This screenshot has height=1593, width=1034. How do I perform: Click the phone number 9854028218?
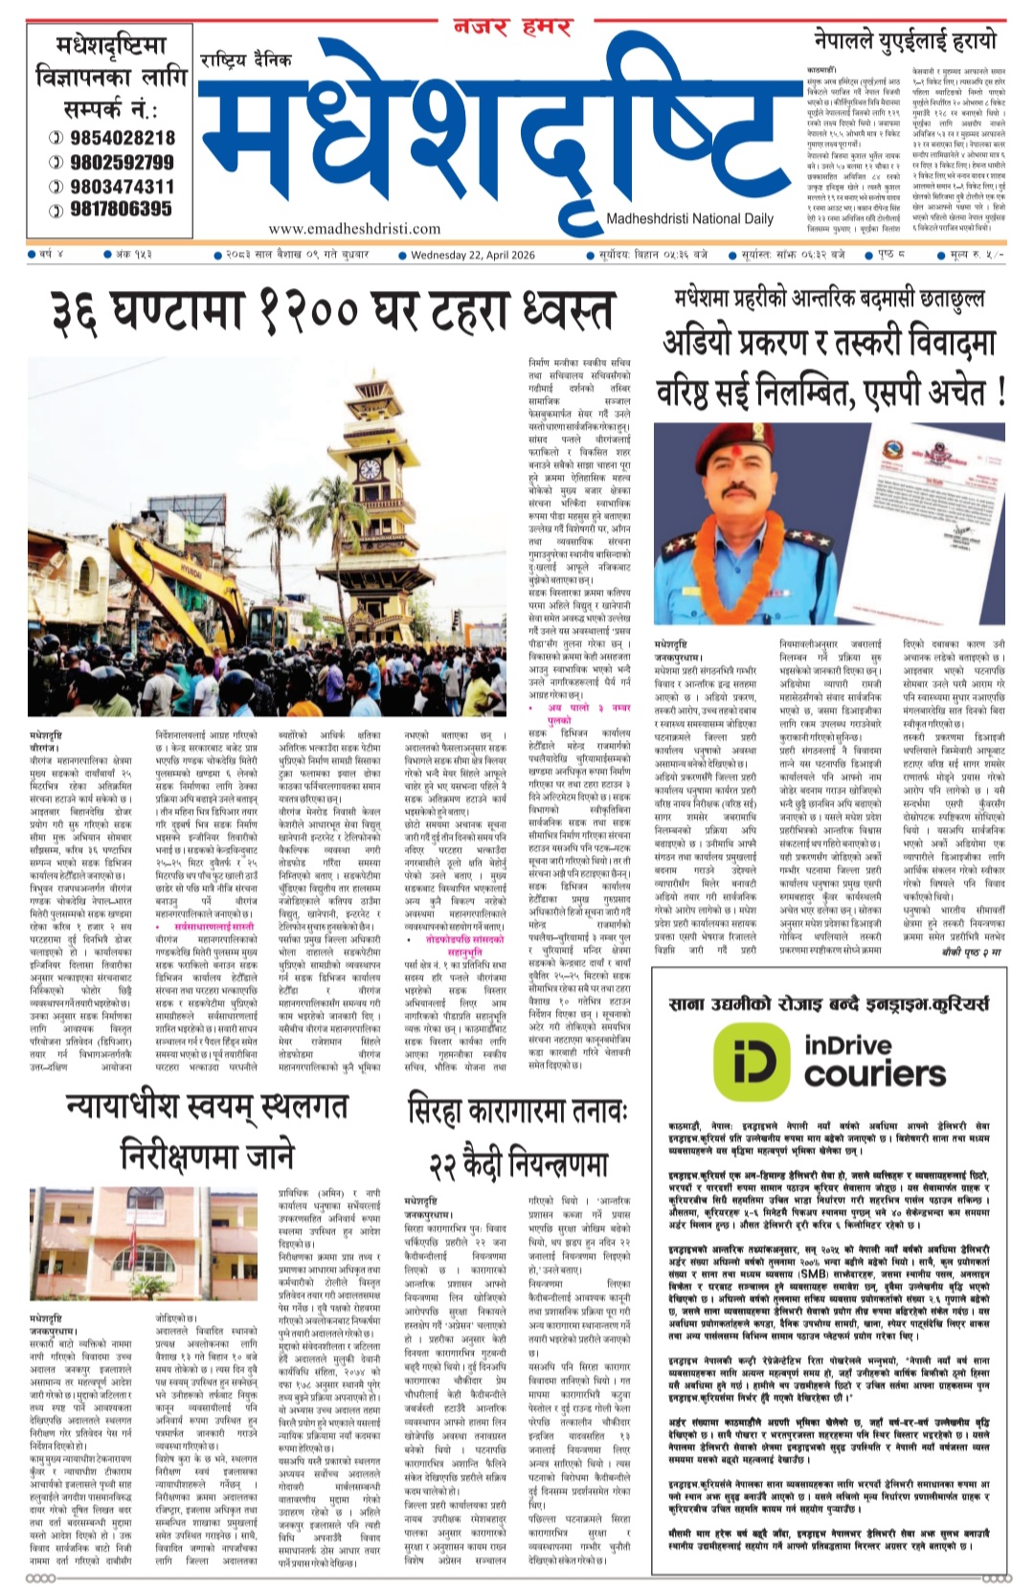click(122, 138)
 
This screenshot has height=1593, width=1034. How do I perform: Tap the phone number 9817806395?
click(122, 209)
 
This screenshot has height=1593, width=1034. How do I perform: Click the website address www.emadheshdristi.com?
click(354, 229)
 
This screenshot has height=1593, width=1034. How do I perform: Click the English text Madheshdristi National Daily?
click(689, 219)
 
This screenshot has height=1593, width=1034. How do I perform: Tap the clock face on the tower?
click(369, 469)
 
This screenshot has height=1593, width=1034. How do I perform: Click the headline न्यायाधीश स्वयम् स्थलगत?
click(207, 1107)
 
